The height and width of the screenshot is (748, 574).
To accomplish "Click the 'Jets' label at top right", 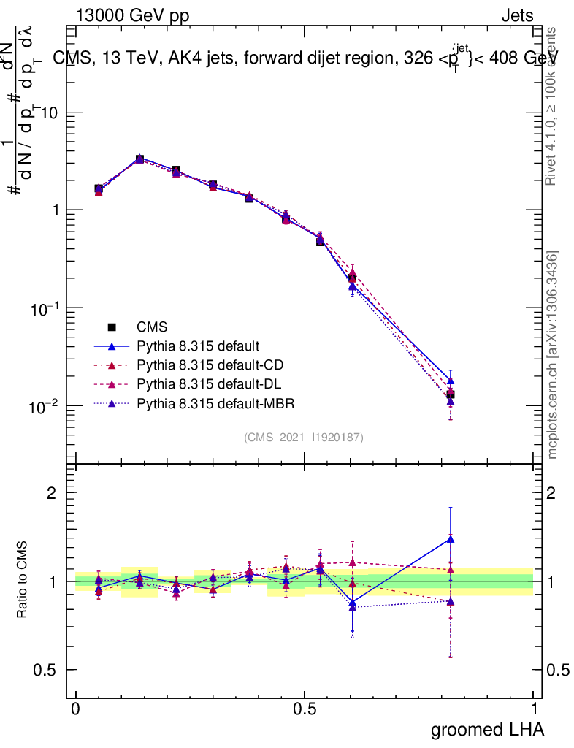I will (x=516, y=16).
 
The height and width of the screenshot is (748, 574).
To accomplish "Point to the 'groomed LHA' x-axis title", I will (x=487, y=728).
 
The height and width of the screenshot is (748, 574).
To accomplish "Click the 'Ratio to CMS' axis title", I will (x=22, y=581).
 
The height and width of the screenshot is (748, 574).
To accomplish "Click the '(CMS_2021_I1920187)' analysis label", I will (x=304, y=437).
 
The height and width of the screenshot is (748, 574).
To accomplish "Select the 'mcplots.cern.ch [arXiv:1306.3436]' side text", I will (x=554, y=355).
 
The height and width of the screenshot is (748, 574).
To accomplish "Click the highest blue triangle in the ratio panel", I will (x=451, y=539).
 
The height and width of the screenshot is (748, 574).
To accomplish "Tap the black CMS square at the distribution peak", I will (x=139, y=159).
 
